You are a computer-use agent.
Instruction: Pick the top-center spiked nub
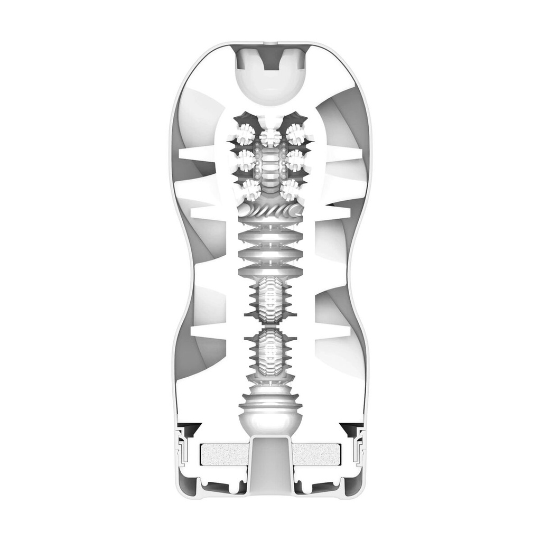click(270, 137)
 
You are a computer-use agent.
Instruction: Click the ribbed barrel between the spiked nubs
click(270, 166)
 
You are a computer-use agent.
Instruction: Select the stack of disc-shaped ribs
click(270, 248)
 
